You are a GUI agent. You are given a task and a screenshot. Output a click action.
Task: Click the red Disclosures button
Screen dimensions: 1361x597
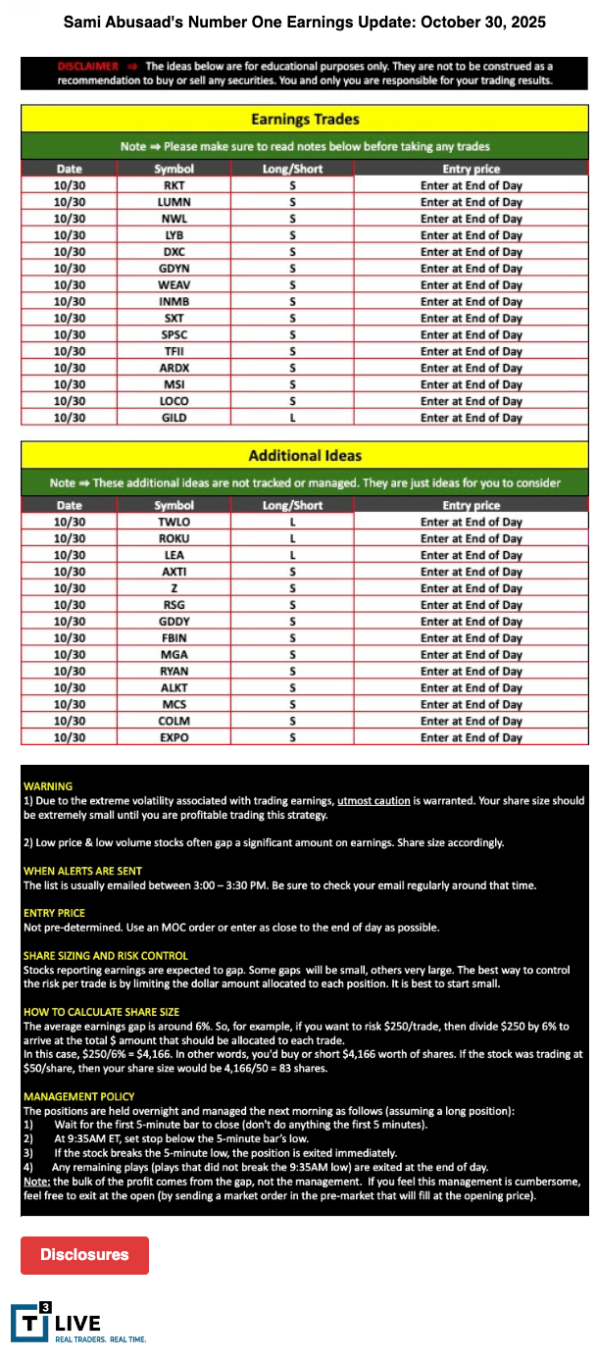coord(84,1255)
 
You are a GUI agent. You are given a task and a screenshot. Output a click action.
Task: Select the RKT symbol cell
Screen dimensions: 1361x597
coord(174,185)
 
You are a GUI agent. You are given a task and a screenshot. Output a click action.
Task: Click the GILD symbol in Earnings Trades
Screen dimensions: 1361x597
coord(174,418)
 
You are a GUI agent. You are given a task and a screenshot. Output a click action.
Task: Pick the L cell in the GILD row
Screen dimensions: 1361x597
coord(292,418)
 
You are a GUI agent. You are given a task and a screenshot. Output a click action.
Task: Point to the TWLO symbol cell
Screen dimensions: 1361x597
coord(174,523)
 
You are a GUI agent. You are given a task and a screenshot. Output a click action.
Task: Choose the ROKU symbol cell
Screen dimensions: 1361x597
coord(174,539)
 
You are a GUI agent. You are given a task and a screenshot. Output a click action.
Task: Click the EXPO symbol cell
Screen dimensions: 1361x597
coord(174,737)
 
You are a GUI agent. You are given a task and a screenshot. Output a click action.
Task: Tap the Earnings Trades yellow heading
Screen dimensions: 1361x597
coord(305,120)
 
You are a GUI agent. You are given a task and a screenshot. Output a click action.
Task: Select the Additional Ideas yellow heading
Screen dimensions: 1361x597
coord(305,456)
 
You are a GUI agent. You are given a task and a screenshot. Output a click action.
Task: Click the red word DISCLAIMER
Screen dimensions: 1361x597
coord(88,66)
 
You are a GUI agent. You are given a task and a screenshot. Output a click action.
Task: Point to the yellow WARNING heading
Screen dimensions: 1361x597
coord(48,786)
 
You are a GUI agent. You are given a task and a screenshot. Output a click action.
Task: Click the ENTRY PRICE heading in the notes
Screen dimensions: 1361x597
coord(54,913)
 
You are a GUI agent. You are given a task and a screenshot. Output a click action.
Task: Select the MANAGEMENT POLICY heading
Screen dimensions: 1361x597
coord(79,1096)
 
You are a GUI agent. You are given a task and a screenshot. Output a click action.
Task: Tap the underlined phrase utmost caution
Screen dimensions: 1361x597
coord(373,801)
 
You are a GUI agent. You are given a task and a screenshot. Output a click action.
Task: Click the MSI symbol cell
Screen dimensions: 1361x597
coord(174,384)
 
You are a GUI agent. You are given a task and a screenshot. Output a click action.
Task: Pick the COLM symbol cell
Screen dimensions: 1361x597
coord(174,721)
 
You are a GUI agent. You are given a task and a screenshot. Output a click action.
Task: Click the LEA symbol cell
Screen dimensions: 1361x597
coord(174,555)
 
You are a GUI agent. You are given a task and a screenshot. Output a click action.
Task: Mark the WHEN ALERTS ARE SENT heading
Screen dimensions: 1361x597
coord(82,871)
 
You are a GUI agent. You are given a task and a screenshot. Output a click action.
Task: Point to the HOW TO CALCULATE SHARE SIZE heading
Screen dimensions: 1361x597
coord(102,1012)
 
